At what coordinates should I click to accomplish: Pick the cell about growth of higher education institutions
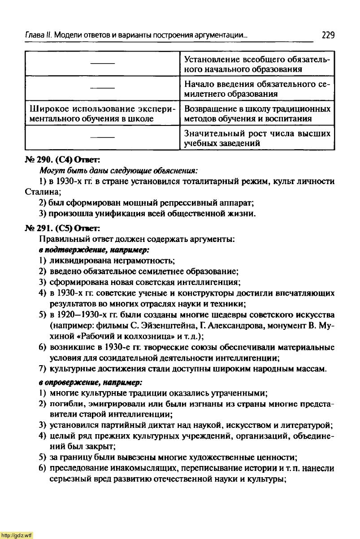point(257,138)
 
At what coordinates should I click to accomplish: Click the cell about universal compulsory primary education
point(257,65)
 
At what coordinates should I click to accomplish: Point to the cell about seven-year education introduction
point(257,89)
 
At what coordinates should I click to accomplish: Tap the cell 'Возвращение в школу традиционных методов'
point(257,114)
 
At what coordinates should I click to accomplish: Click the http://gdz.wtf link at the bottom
point(17,535)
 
